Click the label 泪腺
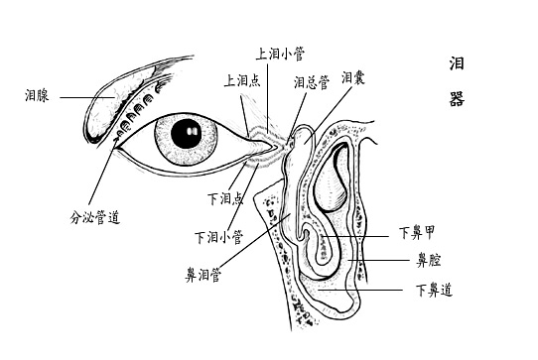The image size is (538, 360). tap(37, 96)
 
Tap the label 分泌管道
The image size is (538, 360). tap(94, 215)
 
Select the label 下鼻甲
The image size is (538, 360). tap(416, 234)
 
